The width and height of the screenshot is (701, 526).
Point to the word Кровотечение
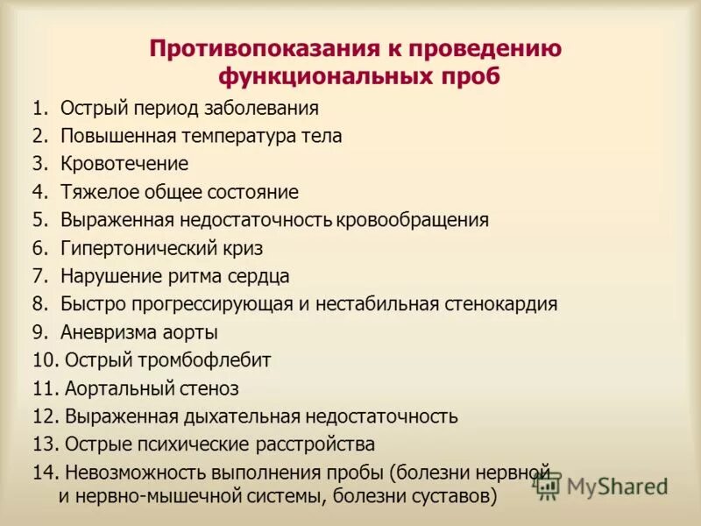point(124,164)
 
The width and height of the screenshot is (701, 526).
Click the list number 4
point(39,192)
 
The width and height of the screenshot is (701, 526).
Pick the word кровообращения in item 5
point(420,220)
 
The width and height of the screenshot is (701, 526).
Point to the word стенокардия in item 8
point(502,304)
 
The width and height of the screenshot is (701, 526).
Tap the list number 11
point(45,388)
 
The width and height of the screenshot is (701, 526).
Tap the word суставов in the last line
point(452,497)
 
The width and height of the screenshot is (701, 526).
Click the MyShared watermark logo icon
point(547,485)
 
